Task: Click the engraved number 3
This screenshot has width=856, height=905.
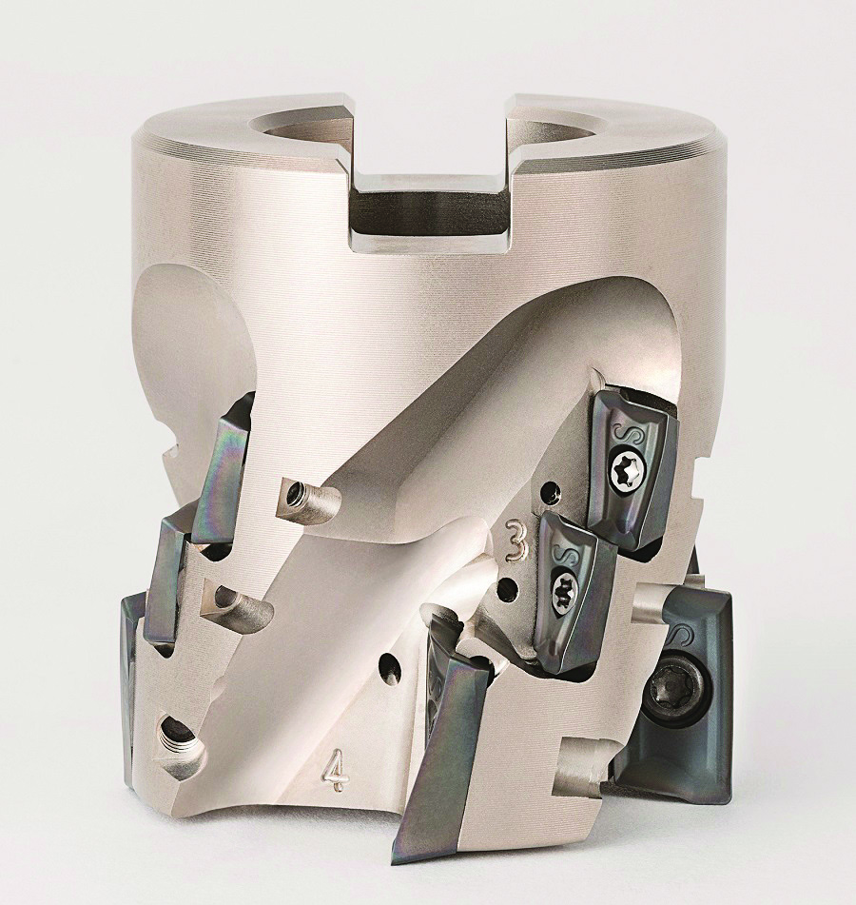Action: [x=515, y=540]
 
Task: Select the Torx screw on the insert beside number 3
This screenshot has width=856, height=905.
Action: [x=561, y=588]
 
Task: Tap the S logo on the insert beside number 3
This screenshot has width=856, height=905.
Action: [x=560, y=555]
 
